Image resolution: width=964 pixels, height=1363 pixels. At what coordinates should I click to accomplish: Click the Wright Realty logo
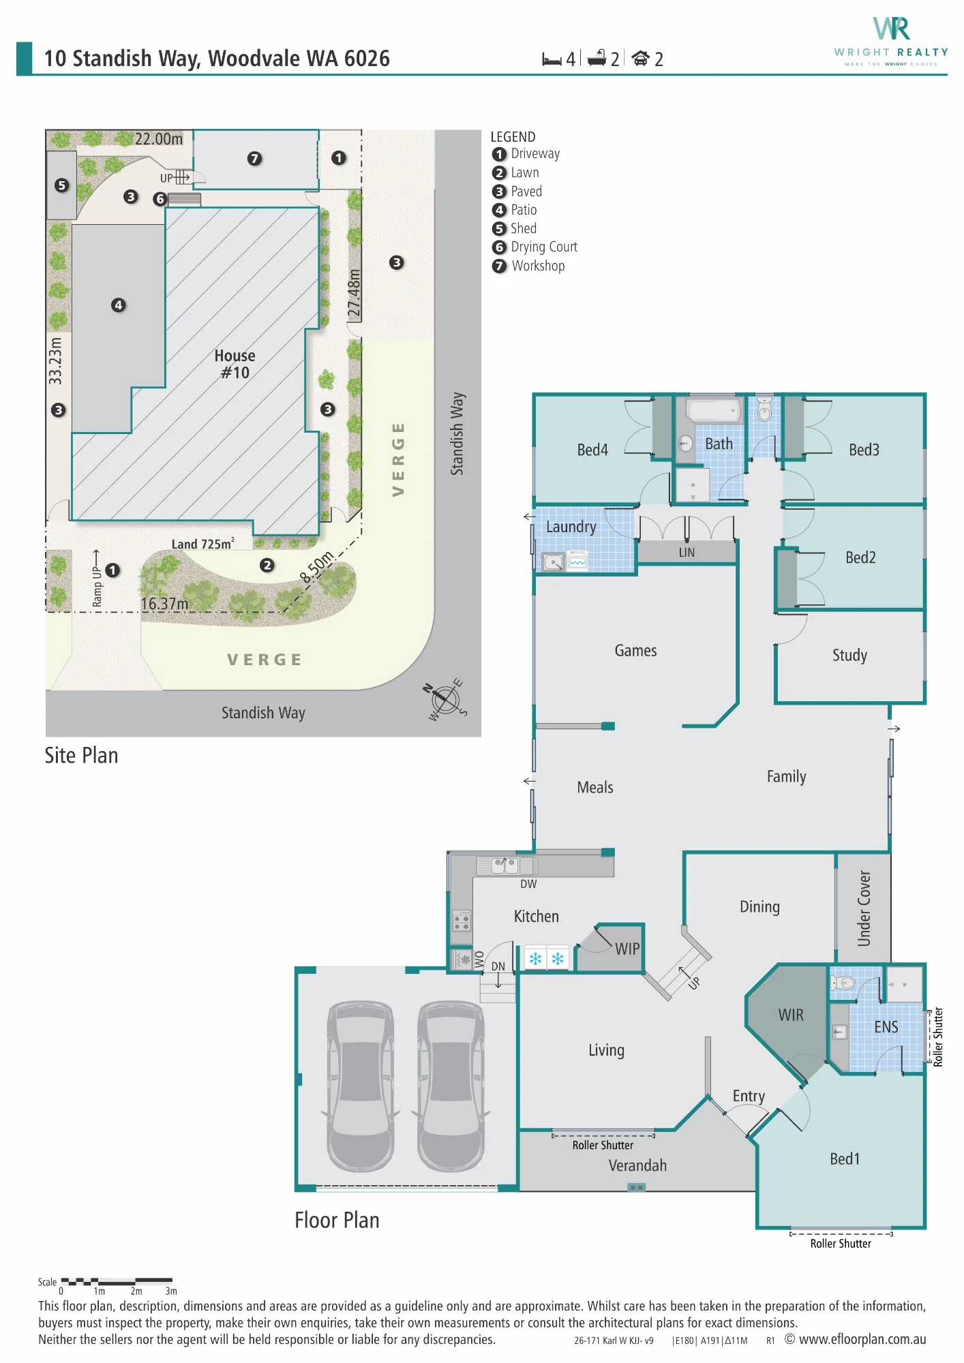click(891, 42)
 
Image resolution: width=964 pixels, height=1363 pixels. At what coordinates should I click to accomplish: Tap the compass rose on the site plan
click(445, 699)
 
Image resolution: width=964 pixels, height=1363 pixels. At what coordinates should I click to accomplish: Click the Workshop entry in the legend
click(528, 266)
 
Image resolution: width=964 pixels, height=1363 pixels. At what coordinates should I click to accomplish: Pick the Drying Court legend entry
click(534, 247)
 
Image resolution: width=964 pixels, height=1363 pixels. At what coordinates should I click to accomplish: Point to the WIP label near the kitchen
click(627, 949)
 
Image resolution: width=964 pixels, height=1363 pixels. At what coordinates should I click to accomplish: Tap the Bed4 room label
click(592, 450)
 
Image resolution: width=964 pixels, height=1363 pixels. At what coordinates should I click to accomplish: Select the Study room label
click(849, 656)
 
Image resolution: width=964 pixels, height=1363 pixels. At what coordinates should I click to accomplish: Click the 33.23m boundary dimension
click(55, 361)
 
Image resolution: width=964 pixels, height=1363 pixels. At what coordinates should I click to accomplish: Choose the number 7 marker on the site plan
click(254, 159)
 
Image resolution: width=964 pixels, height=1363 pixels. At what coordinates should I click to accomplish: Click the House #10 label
click(235, 364)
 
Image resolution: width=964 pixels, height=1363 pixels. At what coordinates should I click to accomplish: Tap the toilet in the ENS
click(843, 983)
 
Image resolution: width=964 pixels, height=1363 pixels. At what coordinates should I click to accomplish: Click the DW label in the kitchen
click(528, 884)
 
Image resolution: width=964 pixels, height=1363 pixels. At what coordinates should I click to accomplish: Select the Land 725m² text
click(202, 543)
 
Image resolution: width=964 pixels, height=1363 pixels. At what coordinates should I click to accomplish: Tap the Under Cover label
click(864, 908)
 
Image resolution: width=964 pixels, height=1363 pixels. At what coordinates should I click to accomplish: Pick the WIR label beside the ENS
click(791, 1015)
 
